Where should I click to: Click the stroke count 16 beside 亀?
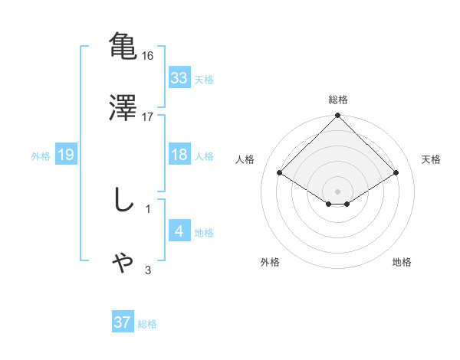coord(148,56)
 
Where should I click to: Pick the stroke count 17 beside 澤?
coord(148,116)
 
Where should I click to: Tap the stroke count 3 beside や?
coord(148,270)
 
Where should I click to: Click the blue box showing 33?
coord(179,78)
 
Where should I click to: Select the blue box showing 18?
coord(179,155)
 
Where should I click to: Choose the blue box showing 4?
coord(179,231)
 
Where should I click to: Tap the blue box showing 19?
coord(65,155)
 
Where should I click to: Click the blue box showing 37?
coord(122,322)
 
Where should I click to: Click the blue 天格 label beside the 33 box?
coord(204,79)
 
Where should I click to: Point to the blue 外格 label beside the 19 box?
coord(41,155)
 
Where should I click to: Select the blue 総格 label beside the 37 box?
coord(147,323)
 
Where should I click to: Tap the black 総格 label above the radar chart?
coord(338,100)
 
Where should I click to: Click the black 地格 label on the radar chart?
coord(402,262)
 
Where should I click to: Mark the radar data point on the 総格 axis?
coord(338,117)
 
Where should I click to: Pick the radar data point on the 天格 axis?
coord(396,172)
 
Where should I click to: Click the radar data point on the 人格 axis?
coord(280,172)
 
